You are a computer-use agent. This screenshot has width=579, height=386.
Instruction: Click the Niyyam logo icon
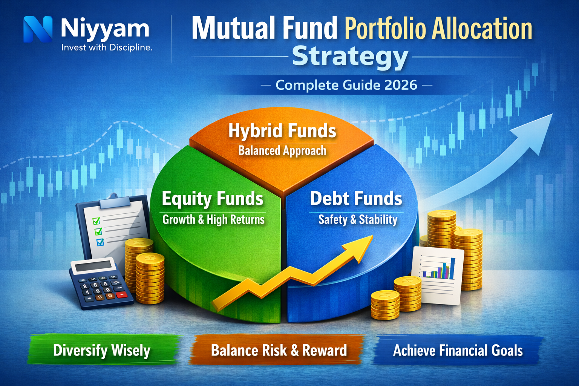click(38, 29)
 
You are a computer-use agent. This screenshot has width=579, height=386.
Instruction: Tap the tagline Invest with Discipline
click(107, 47)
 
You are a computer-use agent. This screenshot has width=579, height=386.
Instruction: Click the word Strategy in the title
click(350, 57)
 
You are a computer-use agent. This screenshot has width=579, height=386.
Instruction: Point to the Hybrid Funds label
click(282, 131)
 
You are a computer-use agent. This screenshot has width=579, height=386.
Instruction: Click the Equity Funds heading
click(213, 199)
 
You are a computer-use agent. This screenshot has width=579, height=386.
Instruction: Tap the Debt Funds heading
click(356, 199)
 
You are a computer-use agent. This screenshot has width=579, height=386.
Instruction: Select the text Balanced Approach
click(282, 151)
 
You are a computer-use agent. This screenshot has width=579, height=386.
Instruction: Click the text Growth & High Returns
click(213, 219)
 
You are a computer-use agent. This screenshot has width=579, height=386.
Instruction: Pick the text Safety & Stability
click(358, 219)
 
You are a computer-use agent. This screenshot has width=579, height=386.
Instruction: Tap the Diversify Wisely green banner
click(102, 351)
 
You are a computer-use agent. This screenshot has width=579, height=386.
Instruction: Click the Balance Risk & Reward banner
click(279, 351)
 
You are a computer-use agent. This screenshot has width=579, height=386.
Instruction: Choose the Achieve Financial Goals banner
click(458, 351)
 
